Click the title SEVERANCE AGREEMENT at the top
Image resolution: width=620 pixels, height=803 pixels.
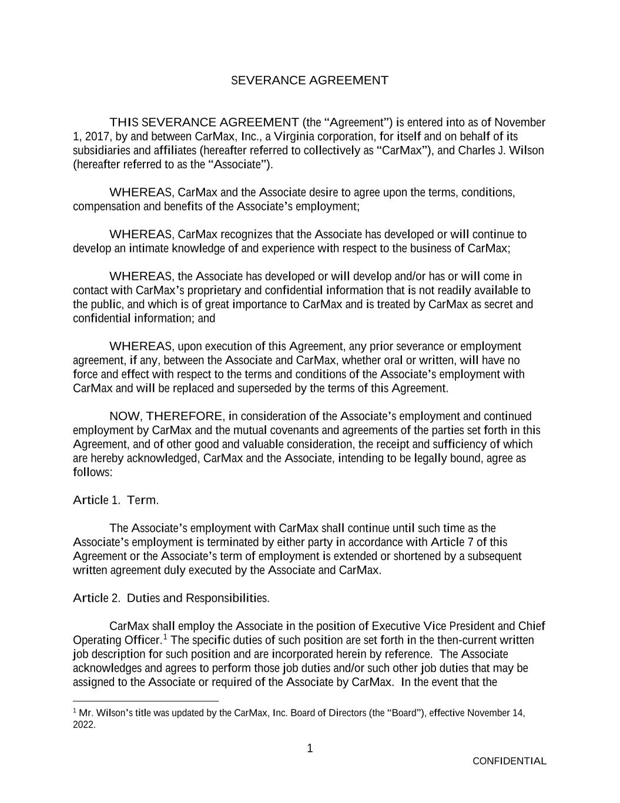click(x=309, y=80)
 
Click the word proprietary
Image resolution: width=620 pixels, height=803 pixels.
click(x=219, y=291)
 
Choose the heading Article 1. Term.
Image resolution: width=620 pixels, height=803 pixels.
click(x=116, y=501)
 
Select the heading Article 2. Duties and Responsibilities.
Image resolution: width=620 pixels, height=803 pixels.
click(x=171, y=598)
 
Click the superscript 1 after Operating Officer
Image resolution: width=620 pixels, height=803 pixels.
click(x=166, y=637)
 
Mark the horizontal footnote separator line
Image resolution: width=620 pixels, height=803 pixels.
click(x=146, y=701)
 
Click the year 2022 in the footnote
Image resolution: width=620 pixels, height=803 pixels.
click(x=84, y=725)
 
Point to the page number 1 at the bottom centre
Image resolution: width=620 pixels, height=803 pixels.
click(x=310, y=749)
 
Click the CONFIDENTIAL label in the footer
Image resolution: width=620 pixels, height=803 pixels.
click(x=509, y=761)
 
